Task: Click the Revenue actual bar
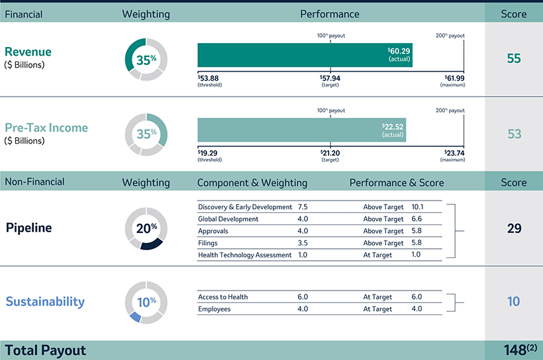305,55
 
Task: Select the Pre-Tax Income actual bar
301,130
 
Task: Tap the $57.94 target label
330,78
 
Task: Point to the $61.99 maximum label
454,78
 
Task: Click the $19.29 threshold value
209,153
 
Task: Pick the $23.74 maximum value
454,153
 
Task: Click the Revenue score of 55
514,58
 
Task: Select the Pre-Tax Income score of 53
514,134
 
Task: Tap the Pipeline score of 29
514,228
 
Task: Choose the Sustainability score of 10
514,302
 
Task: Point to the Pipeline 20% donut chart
146,228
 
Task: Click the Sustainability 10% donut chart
146,302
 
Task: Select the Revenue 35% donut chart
146,59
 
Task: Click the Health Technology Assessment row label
244,255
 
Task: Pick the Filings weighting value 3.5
303,243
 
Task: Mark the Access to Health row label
222,297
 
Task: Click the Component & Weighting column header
252,183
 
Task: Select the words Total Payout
46,349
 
